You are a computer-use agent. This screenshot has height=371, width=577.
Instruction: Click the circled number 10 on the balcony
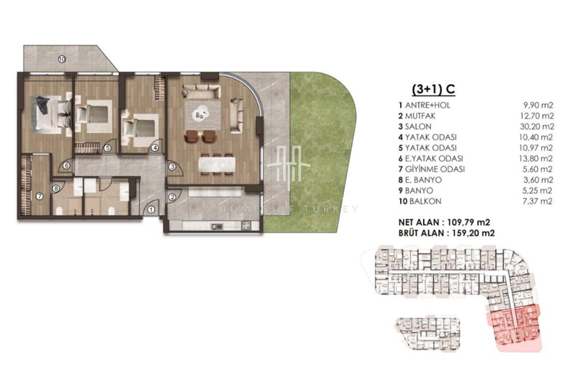[62, 59]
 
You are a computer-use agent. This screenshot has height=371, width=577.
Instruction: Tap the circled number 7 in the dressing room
[39, 196]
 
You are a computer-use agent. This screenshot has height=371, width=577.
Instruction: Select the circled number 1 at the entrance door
[151, 210]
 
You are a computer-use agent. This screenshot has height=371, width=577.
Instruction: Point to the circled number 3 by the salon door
[172, 167]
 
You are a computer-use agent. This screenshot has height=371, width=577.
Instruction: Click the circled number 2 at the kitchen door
[172, 197]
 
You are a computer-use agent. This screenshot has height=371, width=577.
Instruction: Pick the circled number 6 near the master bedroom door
[66, 165]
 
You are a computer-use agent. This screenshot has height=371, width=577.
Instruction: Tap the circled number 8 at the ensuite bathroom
[56, 189]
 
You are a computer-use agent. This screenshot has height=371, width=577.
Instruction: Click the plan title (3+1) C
[433, 90]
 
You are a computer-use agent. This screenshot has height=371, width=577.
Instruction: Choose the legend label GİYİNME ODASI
[435, 169]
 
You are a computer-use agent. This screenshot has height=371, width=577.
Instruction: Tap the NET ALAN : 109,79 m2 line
[444, 222]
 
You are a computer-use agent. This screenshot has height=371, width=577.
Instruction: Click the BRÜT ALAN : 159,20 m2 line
[447, 233]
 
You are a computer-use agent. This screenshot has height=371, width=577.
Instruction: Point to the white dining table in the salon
[217, 165]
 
